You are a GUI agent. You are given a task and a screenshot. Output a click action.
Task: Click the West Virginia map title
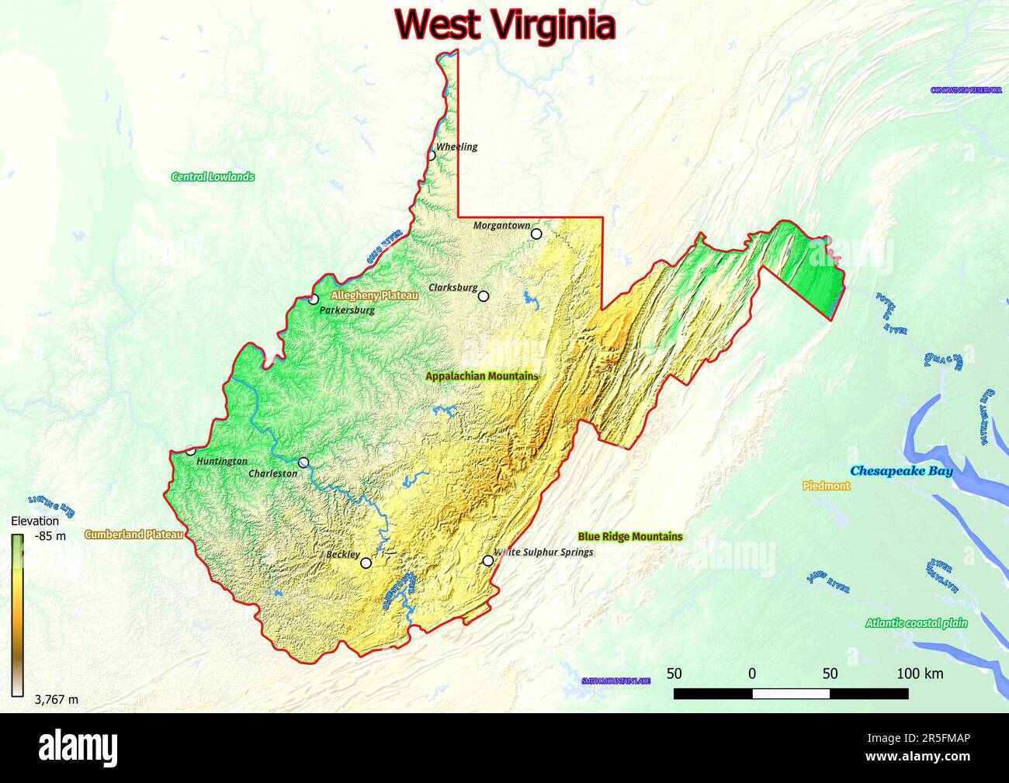coord(505,25)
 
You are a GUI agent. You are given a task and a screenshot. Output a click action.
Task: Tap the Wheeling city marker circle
coord(432,155)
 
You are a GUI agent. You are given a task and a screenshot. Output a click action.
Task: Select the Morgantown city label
coord(501,225)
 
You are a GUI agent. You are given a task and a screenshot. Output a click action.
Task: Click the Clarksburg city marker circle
coord(484,296)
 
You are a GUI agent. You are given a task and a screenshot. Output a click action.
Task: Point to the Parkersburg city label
coord(347,310)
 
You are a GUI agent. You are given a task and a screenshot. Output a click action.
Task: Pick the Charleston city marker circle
coord(303,463)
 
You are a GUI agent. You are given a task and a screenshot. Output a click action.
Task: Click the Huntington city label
coord(222,462)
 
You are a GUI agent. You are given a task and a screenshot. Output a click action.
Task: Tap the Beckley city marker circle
coord(366,563)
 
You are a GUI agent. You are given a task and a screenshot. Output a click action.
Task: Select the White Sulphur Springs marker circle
coord(488,560)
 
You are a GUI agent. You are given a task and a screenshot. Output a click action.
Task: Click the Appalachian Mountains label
coord(481,376)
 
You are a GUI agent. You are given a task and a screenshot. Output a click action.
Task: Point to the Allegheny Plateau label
coord(374,296)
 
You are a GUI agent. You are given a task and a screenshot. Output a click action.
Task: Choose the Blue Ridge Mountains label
coord(630,536)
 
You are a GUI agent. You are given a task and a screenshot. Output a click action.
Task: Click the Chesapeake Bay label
coord(901,471)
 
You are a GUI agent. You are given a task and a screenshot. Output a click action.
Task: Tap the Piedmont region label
coord(826,487)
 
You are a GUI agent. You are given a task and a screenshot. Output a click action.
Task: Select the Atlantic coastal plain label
coord(917,622)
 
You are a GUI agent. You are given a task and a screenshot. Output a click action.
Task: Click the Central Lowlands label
coord(213,177)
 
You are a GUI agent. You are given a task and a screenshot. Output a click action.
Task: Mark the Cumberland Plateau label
coord(133,535)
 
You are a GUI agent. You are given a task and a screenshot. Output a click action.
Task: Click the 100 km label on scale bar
coord(920,674)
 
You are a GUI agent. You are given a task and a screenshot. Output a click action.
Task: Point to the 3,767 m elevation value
coord(56,699)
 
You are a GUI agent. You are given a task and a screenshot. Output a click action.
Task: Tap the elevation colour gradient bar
coord(17,612)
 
